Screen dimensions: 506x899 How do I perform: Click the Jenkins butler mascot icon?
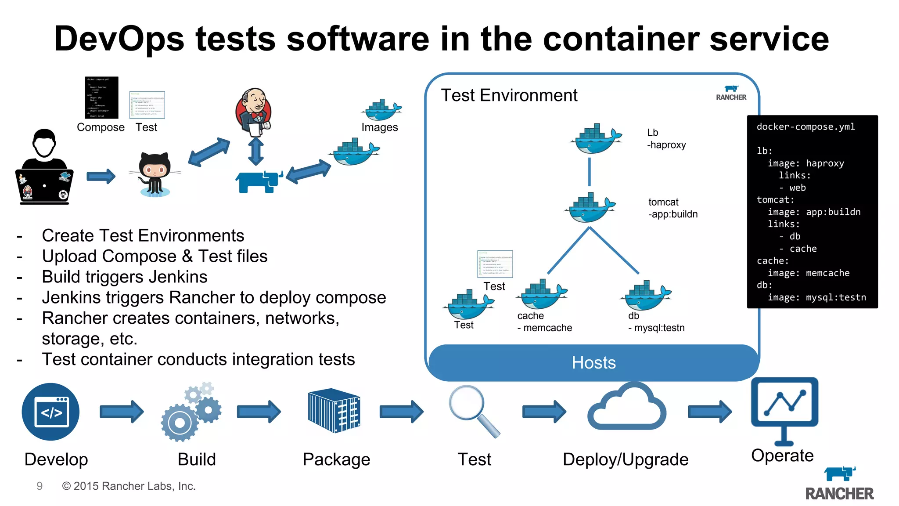click(x=254, y=112)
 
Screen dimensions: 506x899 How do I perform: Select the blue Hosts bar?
click(x=593, y=363)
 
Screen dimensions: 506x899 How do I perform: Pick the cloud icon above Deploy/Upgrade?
click(x=627, y=408)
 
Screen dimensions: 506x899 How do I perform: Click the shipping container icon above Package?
click(x=334, y=410)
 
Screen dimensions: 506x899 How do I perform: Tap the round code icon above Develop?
click(x=51, y=412)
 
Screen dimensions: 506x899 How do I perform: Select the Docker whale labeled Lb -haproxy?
click(x=596, y=139)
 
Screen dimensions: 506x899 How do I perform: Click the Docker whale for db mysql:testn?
click(x=646, y=296)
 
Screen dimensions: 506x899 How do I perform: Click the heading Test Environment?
click(x=509, y=95)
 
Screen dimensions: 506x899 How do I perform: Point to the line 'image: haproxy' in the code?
click(x=806, y=163)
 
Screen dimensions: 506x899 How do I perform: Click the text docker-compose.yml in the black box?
click(x=806, y=127)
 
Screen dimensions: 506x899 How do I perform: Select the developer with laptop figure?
click(x=44, y=169)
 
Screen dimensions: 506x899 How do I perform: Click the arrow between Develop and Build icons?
click(x=122, y=412)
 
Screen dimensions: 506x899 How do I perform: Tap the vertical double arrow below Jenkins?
click(x=256, y=152)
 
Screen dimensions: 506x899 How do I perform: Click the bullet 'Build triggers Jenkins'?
click(x=125, y=277)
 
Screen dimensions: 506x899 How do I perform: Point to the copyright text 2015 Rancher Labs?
click(x=129, y=486)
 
